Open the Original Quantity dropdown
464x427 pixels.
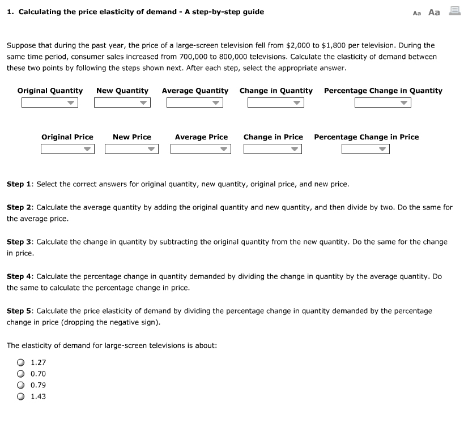pos(49,103)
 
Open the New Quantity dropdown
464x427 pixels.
pos(122,103)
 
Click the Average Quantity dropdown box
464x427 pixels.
pos(194,103)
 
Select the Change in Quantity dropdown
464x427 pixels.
pos(276,103)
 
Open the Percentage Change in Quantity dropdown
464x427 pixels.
pos(382,103)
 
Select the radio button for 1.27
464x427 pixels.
pos(21,362)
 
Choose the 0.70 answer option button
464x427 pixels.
pos(21,374)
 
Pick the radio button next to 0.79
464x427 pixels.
pos(21,385)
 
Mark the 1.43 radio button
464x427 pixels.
pos(21,396)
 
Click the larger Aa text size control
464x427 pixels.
pos(434,12)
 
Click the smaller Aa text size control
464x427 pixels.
pos(417,12)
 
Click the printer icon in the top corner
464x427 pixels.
pos(454,11)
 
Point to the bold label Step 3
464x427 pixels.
pos(19,242)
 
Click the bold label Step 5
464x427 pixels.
pos(19,311)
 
